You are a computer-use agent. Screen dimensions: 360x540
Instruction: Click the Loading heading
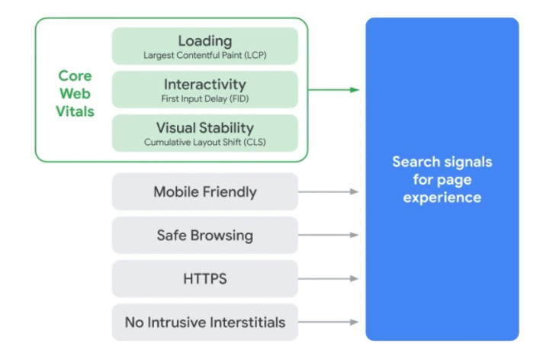(204, 40)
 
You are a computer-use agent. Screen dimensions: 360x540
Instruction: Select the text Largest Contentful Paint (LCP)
(204, 56)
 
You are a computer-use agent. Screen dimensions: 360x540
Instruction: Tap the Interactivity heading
(204, 84)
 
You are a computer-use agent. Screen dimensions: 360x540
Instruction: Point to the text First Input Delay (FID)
(204, 98)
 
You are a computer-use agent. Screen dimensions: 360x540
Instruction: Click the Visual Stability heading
(204, 127)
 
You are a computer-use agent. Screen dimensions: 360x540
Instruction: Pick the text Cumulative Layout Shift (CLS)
(204, 142)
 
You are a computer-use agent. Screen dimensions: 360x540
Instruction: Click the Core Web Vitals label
(76, 94)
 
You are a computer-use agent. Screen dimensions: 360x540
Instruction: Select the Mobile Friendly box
(204, 191)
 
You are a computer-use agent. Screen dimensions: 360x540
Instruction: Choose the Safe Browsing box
(204, 235)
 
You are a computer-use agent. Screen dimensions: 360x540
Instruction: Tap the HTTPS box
(204, 278)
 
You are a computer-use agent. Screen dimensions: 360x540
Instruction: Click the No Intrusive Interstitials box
(204, 322)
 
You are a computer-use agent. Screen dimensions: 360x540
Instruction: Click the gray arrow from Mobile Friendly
(328, 191)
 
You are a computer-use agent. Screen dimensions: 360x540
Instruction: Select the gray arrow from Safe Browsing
(328, 235)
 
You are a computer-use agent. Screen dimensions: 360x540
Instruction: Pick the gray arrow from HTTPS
(328, 278)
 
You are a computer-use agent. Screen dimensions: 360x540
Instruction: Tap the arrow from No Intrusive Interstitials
(328, 322)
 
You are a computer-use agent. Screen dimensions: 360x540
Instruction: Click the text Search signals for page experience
(442, 179)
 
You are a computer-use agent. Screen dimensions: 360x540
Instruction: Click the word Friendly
(227, 191)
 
